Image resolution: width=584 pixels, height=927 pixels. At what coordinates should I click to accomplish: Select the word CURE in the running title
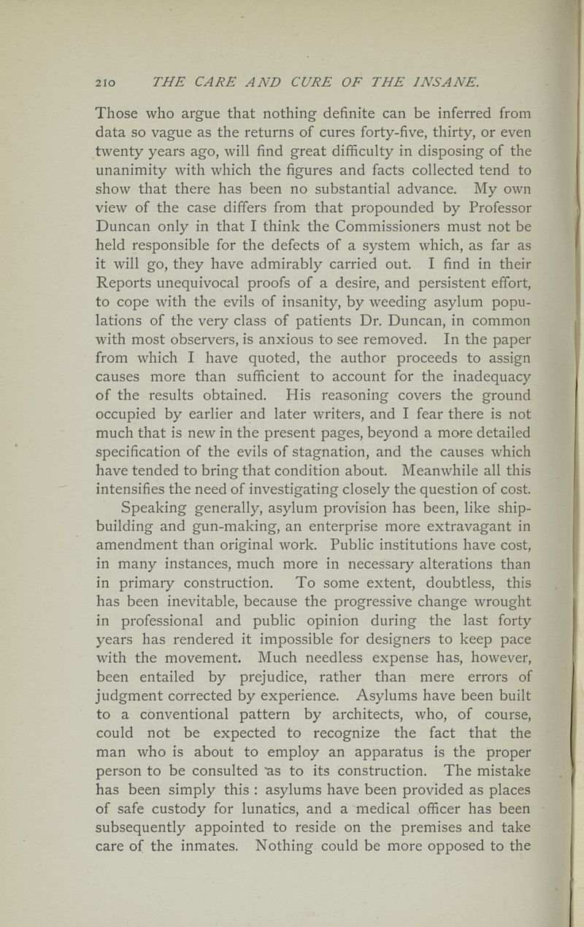point(280,82)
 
